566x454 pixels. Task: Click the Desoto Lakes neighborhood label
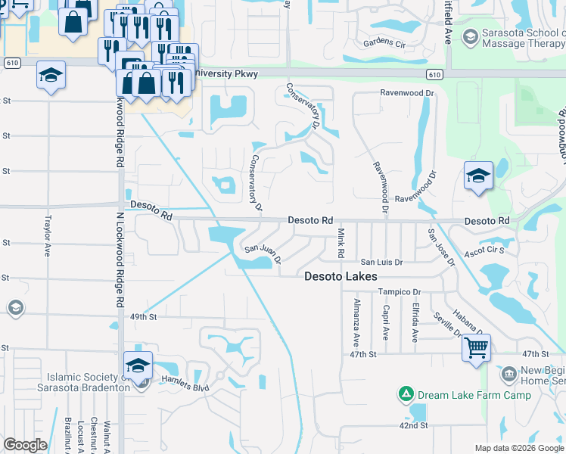pos(341,277)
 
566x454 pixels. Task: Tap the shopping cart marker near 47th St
pos(476,349)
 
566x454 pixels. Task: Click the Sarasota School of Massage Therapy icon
pos(470,36)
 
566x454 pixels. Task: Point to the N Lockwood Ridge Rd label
pos(120,257)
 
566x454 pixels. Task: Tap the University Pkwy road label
pos(225,74)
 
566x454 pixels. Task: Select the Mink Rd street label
pos(341,242)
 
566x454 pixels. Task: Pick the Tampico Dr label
pos(400,292)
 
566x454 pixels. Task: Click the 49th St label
pos(142,317)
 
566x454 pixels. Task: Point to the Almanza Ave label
pos(356,321)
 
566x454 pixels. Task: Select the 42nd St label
pos(415,426)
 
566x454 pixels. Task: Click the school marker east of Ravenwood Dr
pos(478,178)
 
